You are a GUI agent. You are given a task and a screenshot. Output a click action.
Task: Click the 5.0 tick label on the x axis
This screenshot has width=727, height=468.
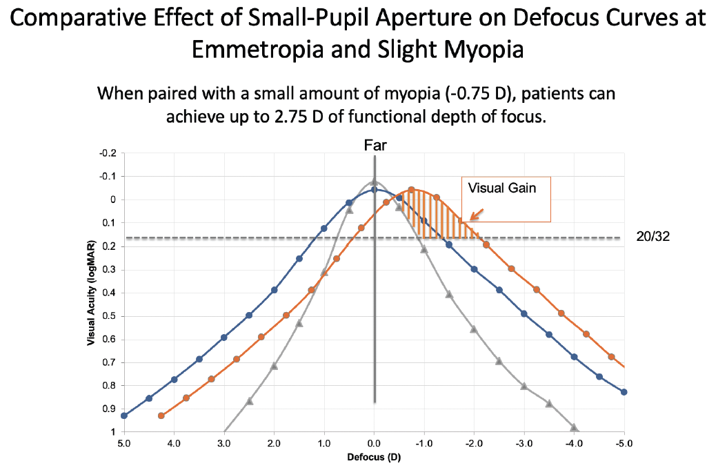124,442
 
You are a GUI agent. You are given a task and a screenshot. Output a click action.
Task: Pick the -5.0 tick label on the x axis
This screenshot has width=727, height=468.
623,442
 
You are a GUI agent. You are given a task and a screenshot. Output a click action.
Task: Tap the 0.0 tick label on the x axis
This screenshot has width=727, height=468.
374,442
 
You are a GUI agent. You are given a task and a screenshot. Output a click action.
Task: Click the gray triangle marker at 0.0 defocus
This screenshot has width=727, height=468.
374,182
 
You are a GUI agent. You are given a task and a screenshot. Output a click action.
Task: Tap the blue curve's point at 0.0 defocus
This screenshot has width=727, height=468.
374,190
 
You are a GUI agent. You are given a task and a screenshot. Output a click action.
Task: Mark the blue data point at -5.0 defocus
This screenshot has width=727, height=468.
624,392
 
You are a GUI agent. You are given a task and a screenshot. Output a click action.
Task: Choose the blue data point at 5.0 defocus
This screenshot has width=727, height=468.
124,416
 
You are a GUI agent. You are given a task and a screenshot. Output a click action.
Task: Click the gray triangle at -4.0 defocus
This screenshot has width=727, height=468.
574,427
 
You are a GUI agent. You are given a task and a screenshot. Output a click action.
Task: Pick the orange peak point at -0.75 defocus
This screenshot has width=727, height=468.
411,190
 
